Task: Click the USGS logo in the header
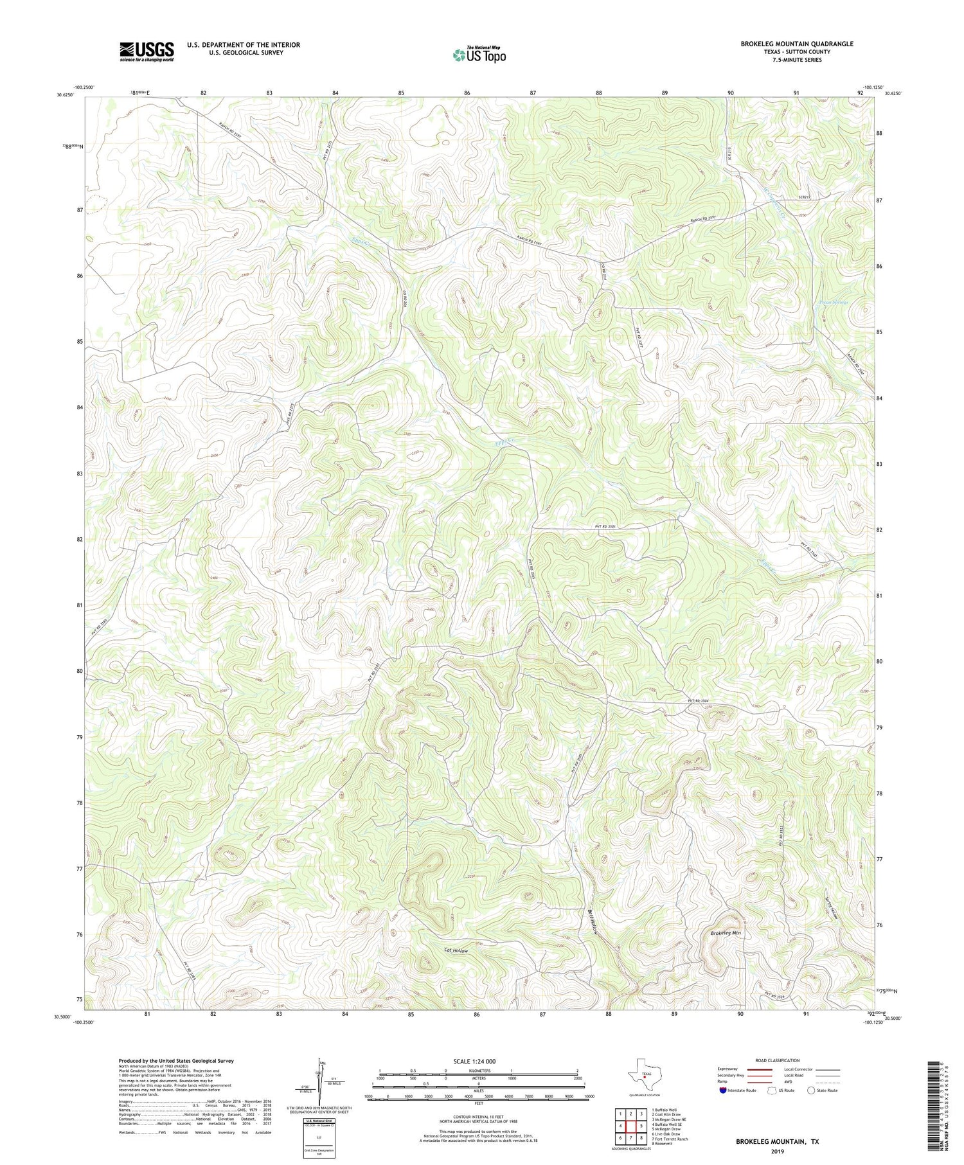coord(147,51)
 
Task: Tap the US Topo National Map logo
coord(478,55)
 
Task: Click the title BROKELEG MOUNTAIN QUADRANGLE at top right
coord(796,44)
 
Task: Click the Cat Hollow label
coord(456,950)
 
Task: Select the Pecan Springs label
coord(834,302)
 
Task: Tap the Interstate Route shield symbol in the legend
coord(722,1090)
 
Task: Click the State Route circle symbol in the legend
coord(811,1090)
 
